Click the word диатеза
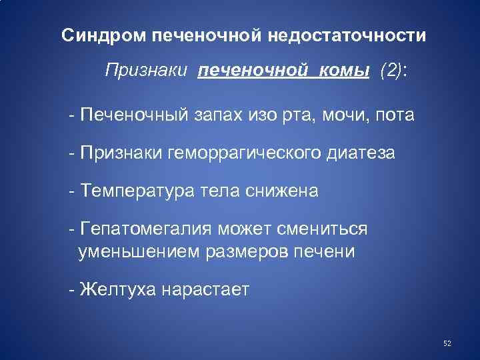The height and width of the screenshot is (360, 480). [x=361, y=153]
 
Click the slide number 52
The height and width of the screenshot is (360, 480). [x=447, y=343]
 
